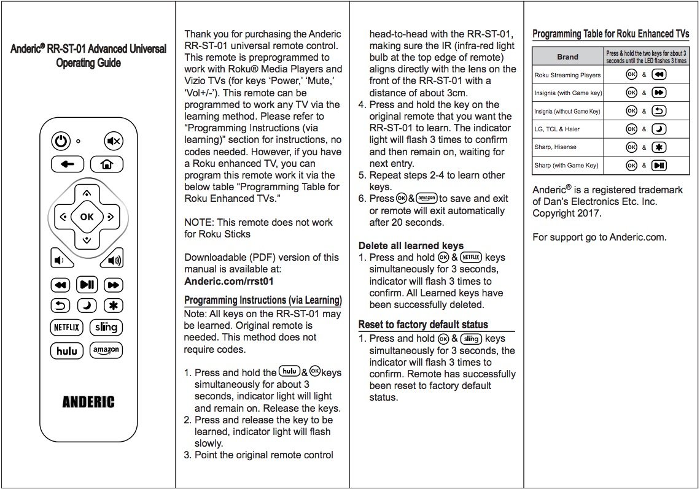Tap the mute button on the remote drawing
pyautogui.click(x=113, y=141)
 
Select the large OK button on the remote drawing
pyautogui.click(x=87, y=216)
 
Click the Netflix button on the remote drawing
pyautogui.click(x=66, y=327)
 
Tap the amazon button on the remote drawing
pyautogui.click(x=106, y=350)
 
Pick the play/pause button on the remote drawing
pyautogui.click(x=87, y=284)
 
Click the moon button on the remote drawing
pyautogui.click(x=87, y=306)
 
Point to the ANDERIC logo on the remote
pyautogui.click(x=88, y=402)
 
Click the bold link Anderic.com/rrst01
pyautogui.click(x=228, y=281)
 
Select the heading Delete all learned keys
pyautogui.click(x=411, y=245)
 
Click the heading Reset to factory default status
pyautogui.click(x=423, y=325)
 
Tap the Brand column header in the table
pyautogui.click(x=567, y=57)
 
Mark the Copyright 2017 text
pyautogui.click(x=567, y=214)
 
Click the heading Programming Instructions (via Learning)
pyautogui.click(x=263, y=300)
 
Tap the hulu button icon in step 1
pyautogui.click(x=289, y=371)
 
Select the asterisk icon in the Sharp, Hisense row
pyautogui.click(x=658, y=147)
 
